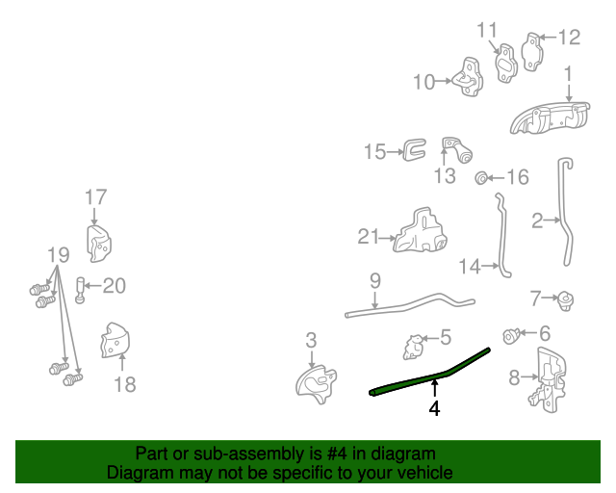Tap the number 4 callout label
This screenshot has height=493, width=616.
click(x=435, y=408)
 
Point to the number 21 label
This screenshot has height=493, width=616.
click(x=370, y=237)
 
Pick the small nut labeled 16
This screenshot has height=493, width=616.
click(x=481, y=177)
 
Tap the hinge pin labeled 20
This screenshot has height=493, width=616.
click(x=81, y=288)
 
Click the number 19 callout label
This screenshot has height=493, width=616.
click(x=58, y=255)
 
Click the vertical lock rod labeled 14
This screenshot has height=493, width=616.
click(x=500, y=236)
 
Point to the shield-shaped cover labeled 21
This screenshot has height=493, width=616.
click(x=420, y=231)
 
